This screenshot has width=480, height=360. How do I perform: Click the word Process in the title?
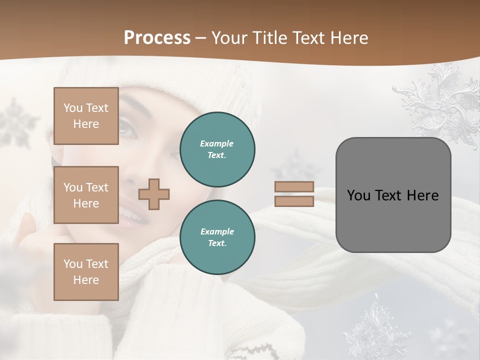(157, 38)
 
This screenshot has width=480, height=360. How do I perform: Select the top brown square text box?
(86, 116)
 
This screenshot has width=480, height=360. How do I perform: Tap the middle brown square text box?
(86, 195)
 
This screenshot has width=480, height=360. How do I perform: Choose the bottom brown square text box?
(86, 271)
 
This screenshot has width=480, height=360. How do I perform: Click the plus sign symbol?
(154, 194)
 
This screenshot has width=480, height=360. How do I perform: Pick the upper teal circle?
(217, 149)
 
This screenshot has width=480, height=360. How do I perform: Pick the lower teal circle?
(217, 237)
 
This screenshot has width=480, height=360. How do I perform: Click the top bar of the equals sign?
(294, 186)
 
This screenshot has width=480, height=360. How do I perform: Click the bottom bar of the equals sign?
(294, 201)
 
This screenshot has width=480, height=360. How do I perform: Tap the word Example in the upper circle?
(217, 143)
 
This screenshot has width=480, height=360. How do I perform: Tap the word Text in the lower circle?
(216, 243)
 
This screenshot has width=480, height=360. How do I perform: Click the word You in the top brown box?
(72, 108)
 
